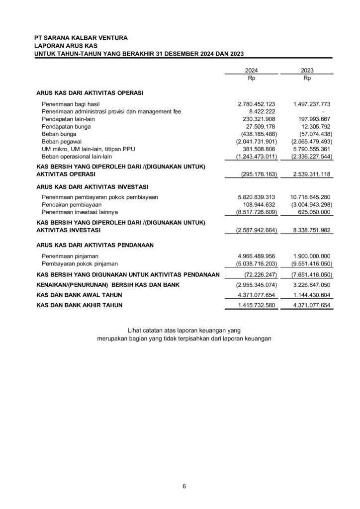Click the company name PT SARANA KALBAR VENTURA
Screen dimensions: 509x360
pos(81,38)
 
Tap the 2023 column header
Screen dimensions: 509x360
pos(307,71)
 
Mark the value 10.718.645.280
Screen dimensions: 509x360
pos(310,197)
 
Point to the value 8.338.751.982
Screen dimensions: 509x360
pos(311,231)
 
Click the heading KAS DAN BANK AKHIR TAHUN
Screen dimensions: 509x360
pos(80,304)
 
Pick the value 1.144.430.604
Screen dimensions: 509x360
pos(311,294)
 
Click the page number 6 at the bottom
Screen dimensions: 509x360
pos(184,486)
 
